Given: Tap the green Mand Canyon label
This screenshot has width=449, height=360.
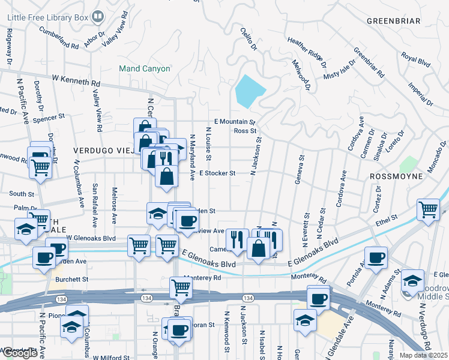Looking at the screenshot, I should pos(144,69).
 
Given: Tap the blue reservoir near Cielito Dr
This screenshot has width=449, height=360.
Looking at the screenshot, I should pos(249,91).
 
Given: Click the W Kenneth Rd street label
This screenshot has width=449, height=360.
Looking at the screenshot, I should pos(76,79).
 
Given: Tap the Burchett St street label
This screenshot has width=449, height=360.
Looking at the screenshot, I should pos(71,279).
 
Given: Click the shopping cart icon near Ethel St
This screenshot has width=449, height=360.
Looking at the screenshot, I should pos(428,209).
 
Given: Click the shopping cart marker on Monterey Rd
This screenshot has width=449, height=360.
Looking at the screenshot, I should pos(181,287).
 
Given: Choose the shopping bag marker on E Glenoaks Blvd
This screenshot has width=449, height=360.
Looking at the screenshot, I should pos(258,248).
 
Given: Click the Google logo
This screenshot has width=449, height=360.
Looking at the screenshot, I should pos(20,353).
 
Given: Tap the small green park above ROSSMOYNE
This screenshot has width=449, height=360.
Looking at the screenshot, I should pos(409,163).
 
